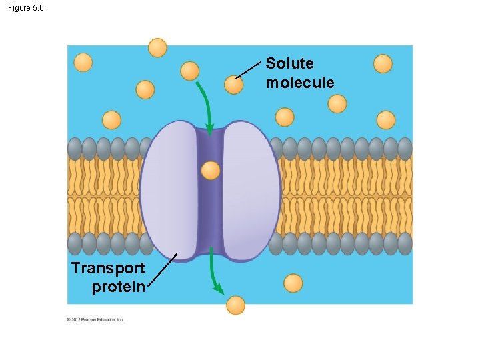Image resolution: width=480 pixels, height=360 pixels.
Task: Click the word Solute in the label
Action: point(289,63)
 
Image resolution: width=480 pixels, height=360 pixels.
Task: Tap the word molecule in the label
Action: point(300,83)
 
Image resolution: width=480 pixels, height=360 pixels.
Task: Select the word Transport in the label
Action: point(107,268)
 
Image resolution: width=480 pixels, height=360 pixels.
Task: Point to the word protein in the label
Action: point(119,287)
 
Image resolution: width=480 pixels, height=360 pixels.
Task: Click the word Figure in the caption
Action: point(19,8)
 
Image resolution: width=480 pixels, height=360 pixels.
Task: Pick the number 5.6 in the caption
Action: point(38,8)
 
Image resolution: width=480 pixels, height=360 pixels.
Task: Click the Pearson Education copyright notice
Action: point(95,319)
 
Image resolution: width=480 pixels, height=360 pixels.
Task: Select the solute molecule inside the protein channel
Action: point(210,171)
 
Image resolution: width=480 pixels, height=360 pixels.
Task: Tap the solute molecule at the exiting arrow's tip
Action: point(235,305)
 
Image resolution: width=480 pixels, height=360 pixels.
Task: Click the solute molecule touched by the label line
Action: point(233,85)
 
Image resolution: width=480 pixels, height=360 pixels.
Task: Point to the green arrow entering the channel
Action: point(205,107)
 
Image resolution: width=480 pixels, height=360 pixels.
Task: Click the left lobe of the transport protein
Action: point(170,190)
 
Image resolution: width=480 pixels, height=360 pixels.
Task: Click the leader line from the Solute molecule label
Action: point(249,69)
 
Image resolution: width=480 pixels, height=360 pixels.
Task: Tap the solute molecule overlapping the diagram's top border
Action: point(157,47)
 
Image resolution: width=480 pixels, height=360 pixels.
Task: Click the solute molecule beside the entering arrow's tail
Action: point(190,71)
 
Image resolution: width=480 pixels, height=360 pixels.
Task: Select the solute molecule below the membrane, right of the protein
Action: point(293,283)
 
